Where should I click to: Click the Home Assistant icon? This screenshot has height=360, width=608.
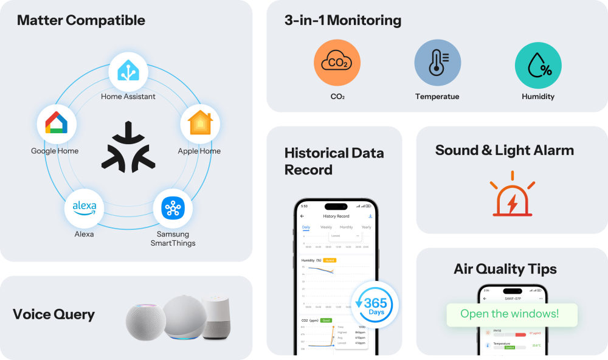[x=128, y=72]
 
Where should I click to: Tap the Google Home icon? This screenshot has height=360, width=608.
[x=57, y=124]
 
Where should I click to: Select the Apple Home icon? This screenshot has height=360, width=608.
[x=200, y=123]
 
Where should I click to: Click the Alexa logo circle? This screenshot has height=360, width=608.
[x=85, y=208]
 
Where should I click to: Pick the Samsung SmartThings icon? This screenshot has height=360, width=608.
[x=172, y=208]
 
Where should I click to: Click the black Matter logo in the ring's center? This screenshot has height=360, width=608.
[x=128, y=147]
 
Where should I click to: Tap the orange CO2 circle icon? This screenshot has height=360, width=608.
[x=337, y=63]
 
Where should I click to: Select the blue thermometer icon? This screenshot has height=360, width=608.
[x=437, y=63]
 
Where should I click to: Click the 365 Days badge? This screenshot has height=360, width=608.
[x=375, y=305]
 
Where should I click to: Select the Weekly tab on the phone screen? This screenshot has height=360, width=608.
[x=326, y=227]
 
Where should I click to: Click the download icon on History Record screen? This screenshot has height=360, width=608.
[x=370, y=216]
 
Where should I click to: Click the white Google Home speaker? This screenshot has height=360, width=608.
[x=217, y=317]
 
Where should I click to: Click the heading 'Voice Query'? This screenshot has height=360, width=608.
[x=54, y=314]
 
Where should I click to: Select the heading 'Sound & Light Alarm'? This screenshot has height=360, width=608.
[x=504, y=150]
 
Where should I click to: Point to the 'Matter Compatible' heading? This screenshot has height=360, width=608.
[x=81, y=20]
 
